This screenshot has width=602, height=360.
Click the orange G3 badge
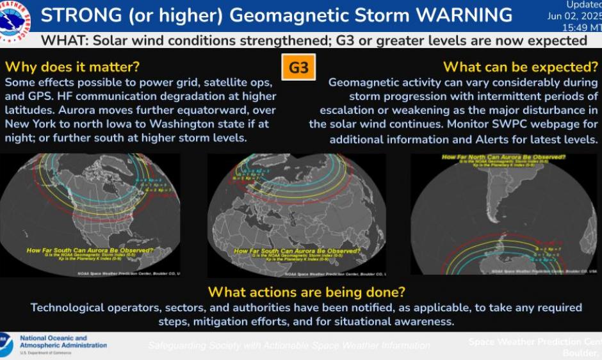(298, 67)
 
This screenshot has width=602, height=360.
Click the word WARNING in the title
(457, 15)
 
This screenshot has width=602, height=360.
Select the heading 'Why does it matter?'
(72, 67)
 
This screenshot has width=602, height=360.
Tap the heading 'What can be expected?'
(520, 67)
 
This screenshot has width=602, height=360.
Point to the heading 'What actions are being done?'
(307, 292)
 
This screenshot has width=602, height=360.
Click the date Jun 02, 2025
(574, 16)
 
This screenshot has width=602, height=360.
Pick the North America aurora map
(90, 215)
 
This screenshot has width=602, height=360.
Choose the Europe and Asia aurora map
(297, 215)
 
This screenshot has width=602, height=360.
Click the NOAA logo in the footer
(6, 345)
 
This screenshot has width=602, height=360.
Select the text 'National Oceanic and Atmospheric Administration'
(63, 342)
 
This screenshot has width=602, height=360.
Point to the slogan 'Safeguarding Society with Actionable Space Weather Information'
(289, 345)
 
